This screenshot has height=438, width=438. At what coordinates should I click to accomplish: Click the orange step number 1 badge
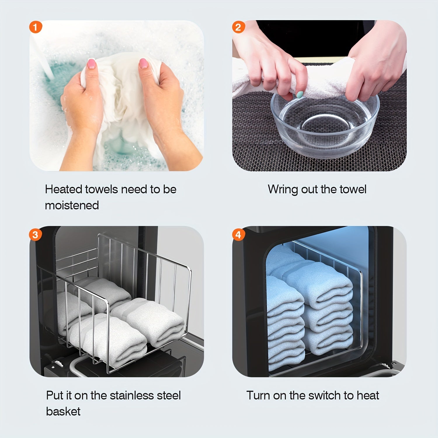[36, 27]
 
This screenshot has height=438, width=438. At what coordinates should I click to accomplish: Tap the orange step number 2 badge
[238, 27]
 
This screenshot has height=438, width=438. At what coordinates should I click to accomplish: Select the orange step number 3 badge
[35, 235]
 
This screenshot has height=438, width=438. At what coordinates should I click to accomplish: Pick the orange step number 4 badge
[238, 235]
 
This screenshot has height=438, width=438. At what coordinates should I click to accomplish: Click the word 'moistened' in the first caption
[72, 205]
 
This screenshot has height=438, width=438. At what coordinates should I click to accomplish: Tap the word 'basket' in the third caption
[63, 411]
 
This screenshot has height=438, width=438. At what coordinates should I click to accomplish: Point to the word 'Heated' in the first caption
[63, 189]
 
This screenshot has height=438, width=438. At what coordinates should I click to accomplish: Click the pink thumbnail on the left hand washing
[92, 63]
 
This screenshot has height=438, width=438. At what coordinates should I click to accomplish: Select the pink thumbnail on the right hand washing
[143, 63]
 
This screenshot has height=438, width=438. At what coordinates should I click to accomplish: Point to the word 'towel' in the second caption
[352, 190]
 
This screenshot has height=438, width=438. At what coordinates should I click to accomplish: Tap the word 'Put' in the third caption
[55, 395]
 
